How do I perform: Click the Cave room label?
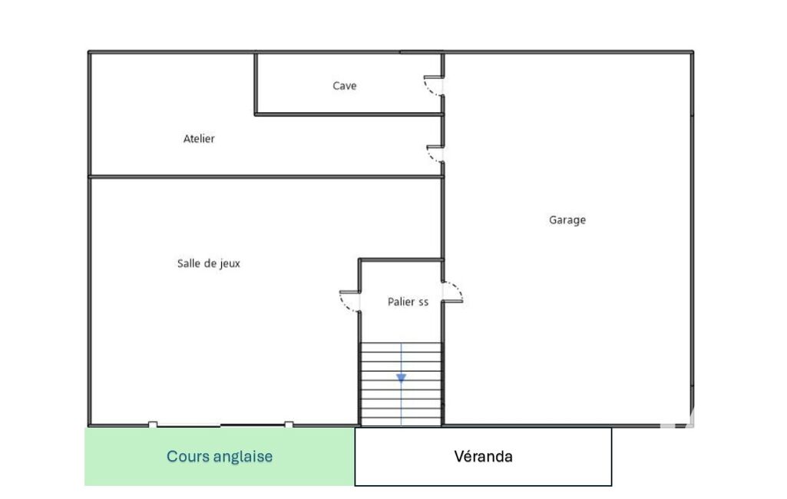point(344,86)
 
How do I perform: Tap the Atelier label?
point(199,138)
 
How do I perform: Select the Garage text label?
point(567,220)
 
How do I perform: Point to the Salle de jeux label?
point(208,263)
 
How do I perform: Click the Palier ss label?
point(408,302)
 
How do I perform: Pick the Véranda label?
point(484,456)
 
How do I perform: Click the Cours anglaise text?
point(220,456)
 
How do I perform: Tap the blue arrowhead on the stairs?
point(401,378)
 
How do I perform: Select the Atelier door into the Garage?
point(434,154)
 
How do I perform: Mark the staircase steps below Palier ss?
point(401,384)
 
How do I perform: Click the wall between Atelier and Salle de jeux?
point(266,177)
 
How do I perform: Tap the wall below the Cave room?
point(349,114)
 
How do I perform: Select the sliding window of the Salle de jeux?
point(221,425)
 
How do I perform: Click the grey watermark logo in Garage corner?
point(676,418)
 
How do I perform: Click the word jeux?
point(230,263)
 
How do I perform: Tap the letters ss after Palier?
point(423,302)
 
